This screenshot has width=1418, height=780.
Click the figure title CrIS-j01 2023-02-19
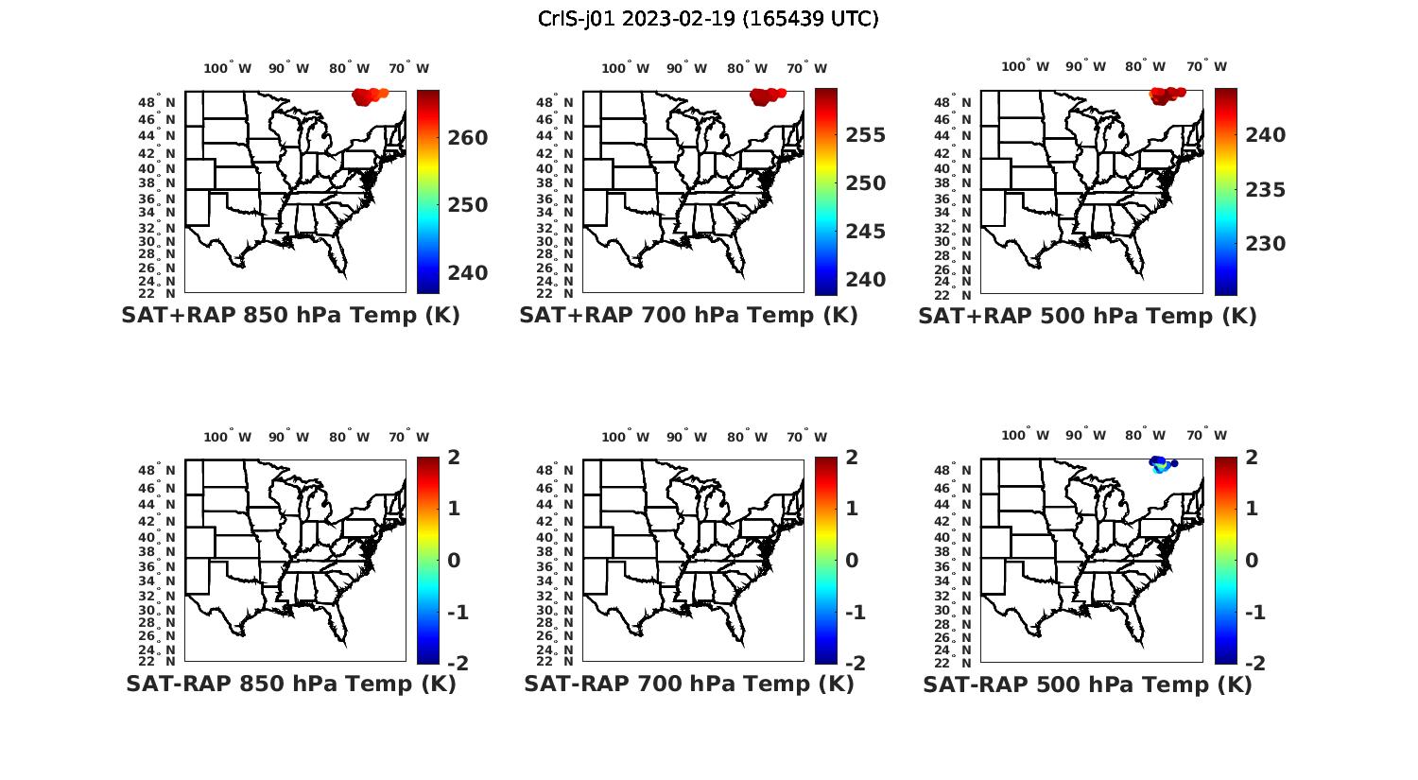(x=708, y=18)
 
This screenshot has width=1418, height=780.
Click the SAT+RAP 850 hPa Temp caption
(x=290, y=315)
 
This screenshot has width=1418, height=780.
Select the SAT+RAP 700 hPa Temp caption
(x=688, y=315)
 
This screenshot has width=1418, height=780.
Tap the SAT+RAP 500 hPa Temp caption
(x=1087, y=316)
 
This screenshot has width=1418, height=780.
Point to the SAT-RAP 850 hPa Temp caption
(x=290, y=684)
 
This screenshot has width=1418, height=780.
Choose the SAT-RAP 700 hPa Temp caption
(x=688, y=684)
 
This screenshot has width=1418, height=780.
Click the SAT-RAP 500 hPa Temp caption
(x=1087, y=685)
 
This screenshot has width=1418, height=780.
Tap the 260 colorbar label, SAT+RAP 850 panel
(x=468, y=138)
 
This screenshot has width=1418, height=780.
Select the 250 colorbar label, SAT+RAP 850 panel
(x=468, y=205)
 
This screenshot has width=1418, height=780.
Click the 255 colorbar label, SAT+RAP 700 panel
(x=866, y=135)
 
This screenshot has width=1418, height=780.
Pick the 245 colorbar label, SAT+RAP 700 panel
(x=866, y=232)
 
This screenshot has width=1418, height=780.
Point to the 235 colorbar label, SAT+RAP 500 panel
(x=1266, y=190)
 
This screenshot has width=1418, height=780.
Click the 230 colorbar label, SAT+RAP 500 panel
(x=1266, y=244)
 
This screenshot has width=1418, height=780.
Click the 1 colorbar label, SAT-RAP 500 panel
(x=1252, y=509)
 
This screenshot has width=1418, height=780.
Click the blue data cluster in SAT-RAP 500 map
(x=1160, y=463)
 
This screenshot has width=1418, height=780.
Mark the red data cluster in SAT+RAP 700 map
(x=767, y=95)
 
